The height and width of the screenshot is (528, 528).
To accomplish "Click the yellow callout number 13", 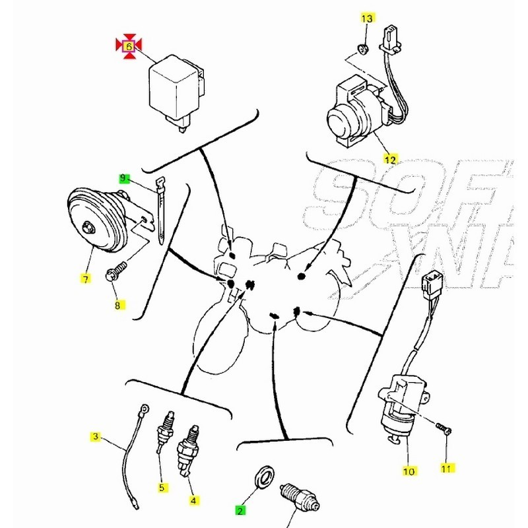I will (x=368, y=17).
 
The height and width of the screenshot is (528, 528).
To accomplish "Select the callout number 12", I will (x=391, y=159).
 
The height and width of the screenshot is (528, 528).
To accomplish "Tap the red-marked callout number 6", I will (x=129, y=46).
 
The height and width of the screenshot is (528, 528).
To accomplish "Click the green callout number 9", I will (x=123, y=178).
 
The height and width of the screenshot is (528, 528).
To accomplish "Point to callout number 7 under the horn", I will (x=84, y=279).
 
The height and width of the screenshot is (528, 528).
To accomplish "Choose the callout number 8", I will (x=118, y=305).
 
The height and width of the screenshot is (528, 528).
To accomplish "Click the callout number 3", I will (x=96, y=436).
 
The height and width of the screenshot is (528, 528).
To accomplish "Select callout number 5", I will (x=161, y=488).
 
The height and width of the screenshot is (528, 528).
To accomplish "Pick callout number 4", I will (x=193, y=501).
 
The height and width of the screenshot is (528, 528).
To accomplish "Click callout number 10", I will (x=408, y=471).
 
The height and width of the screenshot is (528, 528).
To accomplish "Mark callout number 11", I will (x=448, y=468).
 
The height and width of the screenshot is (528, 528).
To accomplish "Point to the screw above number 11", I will (x=444, y=429).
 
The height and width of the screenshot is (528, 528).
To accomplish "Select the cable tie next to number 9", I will (x=161, y=211).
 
